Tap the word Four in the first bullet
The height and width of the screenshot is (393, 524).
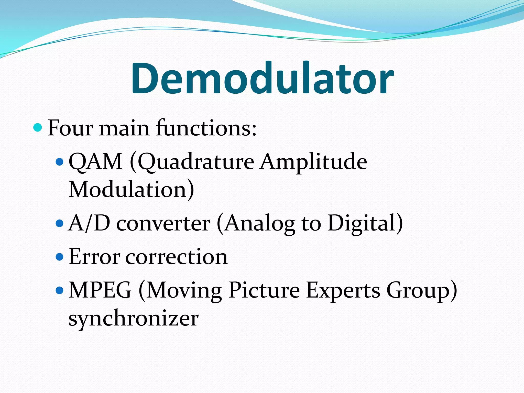(x=70, y=128)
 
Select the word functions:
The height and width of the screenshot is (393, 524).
(x=206, y=128)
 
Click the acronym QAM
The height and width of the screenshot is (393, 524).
(x=95, y=162)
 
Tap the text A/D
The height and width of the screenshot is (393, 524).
(x=89, y=223)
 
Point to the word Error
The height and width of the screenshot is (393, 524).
(x=94, y=257)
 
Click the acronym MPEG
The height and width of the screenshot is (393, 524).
(x=100, y=290)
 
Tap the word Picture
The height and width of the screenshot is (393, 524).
(x=264, y=290)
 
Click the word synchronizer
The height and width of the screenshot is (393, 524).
(x=134, y=319)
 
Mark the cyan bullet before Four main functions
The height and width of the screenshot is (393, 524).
(x=38, y=127)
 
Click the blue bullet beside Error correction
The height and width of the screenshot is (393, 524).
(x=59, y=257)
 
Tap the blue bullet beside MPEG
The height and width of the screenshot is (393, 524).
(x=59, y=290)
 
